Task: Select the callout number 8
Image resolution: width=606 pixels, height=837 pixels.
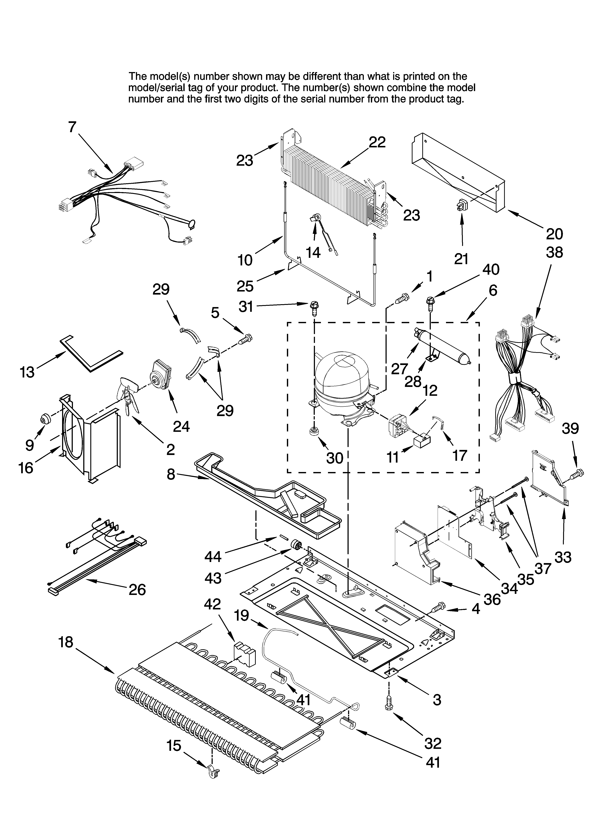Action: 171,474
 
